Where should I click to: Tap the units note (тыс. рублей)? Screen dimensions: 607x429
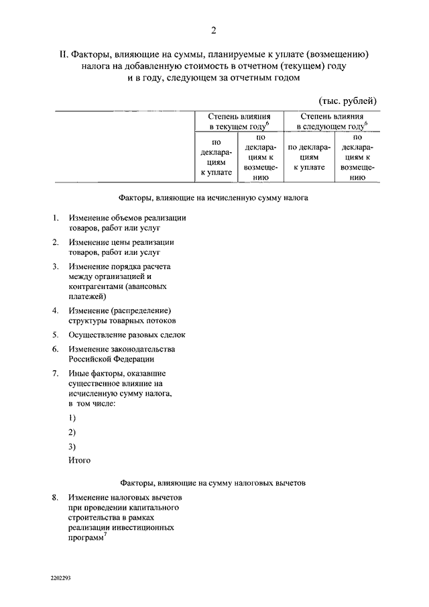point(347,100)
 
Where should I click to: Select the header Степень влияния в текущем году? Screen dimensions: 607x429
point(239,121)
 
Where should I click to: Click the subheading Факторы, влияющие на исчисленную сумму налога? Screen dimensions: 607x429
point(213,199)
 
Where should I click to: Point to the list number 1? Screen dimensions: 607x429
point(55,218)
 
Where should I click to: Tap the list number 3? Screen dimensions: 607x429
point(55,266)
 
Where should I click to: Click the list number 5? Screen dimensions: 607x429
point(55,334)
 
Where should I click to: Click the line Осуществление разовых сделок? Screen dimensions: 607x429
point(126,334)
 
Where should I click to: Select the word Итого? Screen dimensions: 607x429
point(79,460)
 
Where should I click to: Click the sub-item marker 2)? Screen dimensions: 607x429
point(72,432)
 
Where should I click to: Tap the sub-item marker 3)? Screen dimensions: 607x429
point(72,446)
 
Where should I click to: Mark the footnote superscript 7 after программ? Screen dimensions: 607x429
point(105,533)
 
